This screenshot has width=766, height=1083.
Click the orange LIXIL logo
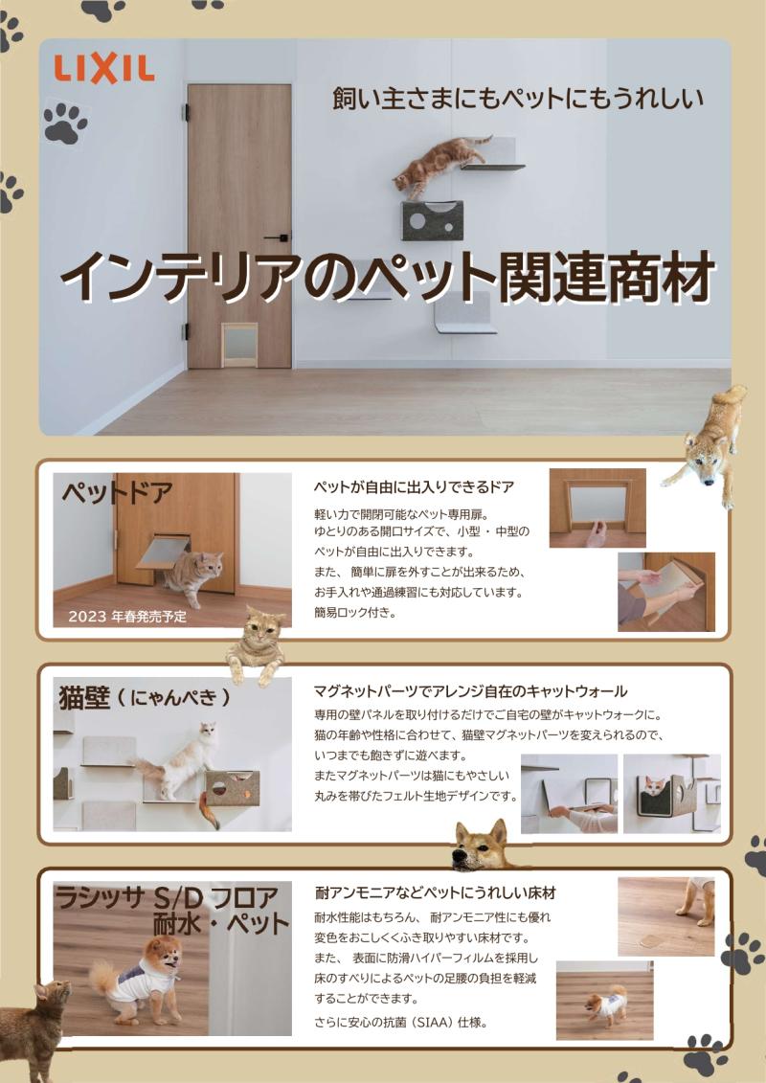[104, 70]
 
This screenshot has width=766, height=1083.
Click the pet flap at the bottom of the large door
[239, 344]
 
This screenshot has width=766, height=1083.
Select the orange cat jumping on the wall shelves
[439, 165]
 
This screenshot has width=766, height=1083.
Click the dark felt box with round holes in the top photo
[433, 220]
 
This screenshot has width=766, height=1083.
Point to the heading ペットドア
[117, 493]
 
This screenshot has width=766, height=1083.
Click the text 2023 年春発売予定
[127, 616]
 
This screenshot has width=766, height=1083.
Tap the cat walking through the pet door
[192, 576]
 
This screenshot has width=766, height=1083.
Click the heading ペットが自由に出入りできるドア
[414, 487]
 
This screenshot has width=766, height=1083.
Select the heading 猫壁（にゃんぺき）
[145, 698]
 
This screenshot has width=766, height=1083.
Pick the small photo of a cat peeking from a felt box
[671, 793]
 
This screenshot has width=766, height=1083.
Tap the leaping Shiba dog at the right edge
[707, 444]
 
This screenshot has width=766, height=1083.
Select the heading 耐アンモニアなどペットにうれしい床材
[435, 892]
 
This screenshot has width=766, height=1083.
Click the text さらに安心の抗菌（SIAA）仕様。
[401, 1022]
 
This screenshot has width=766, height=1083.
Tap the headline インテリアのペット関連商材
[388, 278]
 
